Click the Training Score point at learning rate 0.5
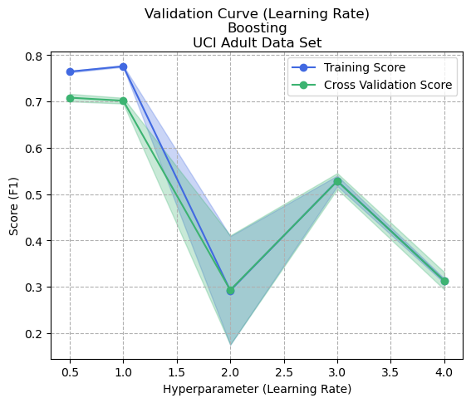tap(70, 72)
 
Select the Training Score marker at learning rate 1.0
tap(123, 66)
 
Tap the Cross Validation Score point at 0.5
tap(70, 98)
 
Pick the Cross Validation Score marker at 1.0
tap(123, 101)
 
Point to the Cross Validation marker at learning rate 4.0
tap(444, 281)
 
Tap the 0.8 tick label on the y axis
tap(34, 57)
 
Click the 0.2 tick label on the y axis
tap(34, 334)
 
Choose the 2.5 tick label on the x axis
tap(283, 372)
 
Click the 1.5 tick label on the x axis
tap(176, 372)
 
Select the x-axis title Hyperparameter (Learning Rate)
tap(257, 389)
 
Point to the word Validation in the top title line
tap(174, 13)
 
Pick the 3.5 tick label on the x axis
tap(390, 372)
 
